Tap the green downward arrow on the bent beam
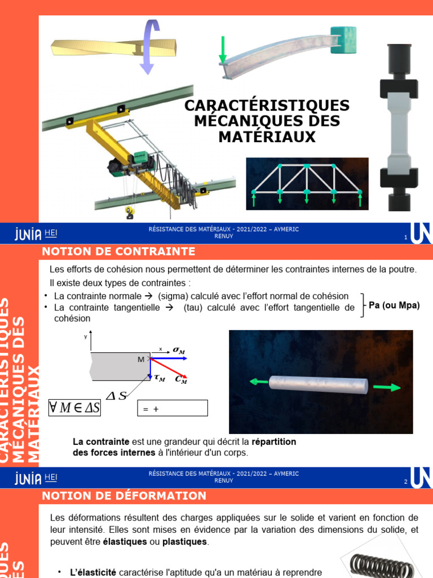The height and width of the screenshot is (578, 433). (x=223, y=50)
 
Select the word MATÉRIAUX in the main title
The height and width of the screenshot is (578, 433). (x=267, y=137)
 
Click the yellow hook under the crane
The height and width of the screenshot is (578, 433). (x=130, y=213)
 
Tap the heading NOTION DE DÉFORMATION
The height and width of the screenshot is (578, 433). (x=125, y=496)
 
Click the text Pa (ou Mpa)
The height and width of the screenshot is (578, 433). (x=394, y=305)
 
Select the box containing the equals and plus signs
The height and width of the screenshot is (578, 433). (x=173, y=408)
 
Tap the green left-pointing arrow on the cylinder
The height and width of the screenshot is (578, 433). (x=259, y=382)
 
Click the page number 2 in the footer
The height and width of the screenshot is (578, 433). (x=405, y=482)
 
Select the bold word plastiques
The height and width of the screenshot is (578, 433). (x=185, y=542)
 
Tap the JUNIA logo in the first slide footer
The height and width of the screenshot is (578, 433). (x=28, y=233)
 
